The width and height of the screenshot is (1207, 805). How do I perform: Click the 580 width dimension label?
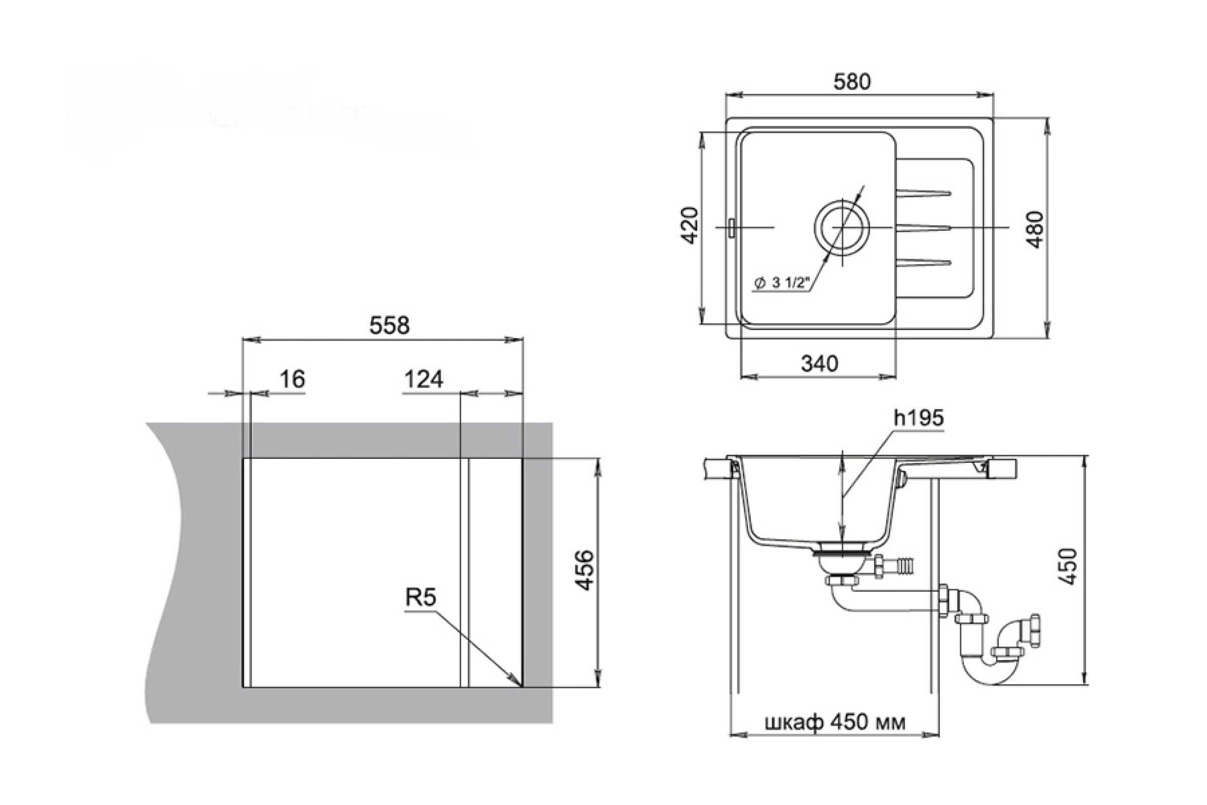click(851, 82)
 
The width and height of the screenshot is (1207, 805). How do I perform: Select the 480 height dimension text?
click(1036, 229)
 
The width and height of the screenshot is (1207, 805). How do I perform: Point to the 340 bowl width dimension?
click(820, 364)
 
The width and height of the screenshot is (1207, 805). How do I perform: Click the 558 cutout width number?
click(389, 326)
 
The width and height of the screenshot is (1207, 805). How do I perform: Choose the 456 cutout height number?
click(584, 571)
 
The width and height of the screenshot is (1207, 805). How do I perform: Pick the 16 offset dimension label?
click(292, 379)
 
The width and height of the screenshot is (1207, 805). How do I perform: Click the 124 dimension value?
click(423, 379)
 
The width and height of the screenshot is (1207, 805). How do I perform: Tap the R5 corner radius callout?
click(421, 597)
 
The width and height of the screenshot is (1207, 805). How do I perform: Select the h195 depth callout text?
click(919, 418)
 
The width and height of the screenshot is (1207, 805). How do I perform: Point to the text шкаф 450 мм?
click(835, 723)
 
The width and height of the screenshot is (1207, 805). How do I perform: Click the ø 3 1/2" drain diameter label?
click(782, 283)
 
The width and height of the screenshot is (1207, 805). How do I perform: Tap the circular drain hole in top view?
click(841, 227)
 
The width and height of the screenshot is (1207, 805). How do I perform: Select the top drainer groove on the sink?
click(923, 194)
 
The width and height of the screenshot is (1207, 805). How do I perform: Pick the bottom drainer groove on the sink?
click(923, 263)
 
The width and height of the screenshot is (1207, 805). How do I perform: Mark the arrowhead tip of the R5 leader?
click(521, 684)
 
